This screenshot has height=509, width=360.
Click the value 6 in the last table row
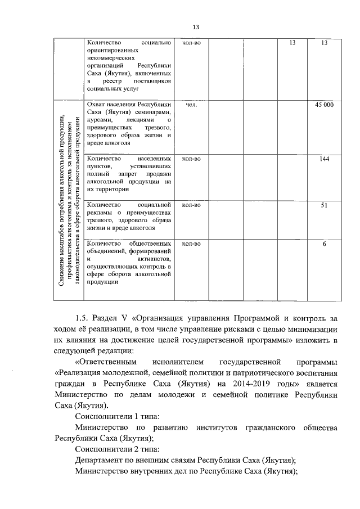click(x=324, y=244)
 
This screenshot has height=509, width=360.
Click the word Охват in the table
click(x=97, y=105)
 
